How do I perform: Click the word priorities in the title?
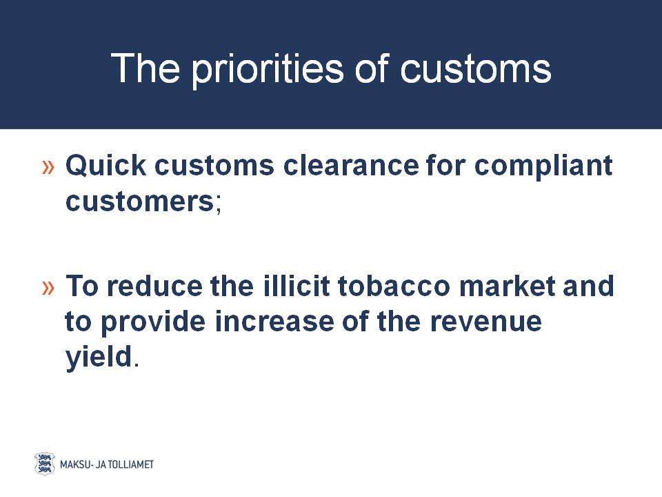coord(268,70)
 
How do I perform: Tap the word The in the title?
coord(146,68)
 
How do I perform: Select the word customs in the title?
coord(475,69)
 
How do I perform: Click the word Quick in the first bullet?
coord(106,165)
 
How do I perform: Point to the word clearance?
coord(351,165)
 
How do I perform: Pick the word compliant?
coord(543,166)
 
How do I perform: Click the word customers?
coord(140,202)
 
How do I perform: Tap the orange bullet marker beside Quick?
coord(48,167)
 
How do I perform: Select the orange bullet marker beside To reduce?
coord(48,289)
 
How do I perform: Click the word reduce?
coord(154,286)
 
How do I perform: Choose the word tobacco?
coord(394,286)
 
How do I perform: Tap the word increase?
coord(274,322)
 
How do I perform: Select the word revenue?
coord(486,323)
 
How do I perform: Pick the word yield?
coord(99,358)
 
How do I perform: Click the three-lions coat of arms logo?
coord(45,464)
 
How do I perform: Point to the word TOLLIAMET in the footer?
coord(131,465)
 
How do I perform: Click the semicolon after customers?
coord(219,206)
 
